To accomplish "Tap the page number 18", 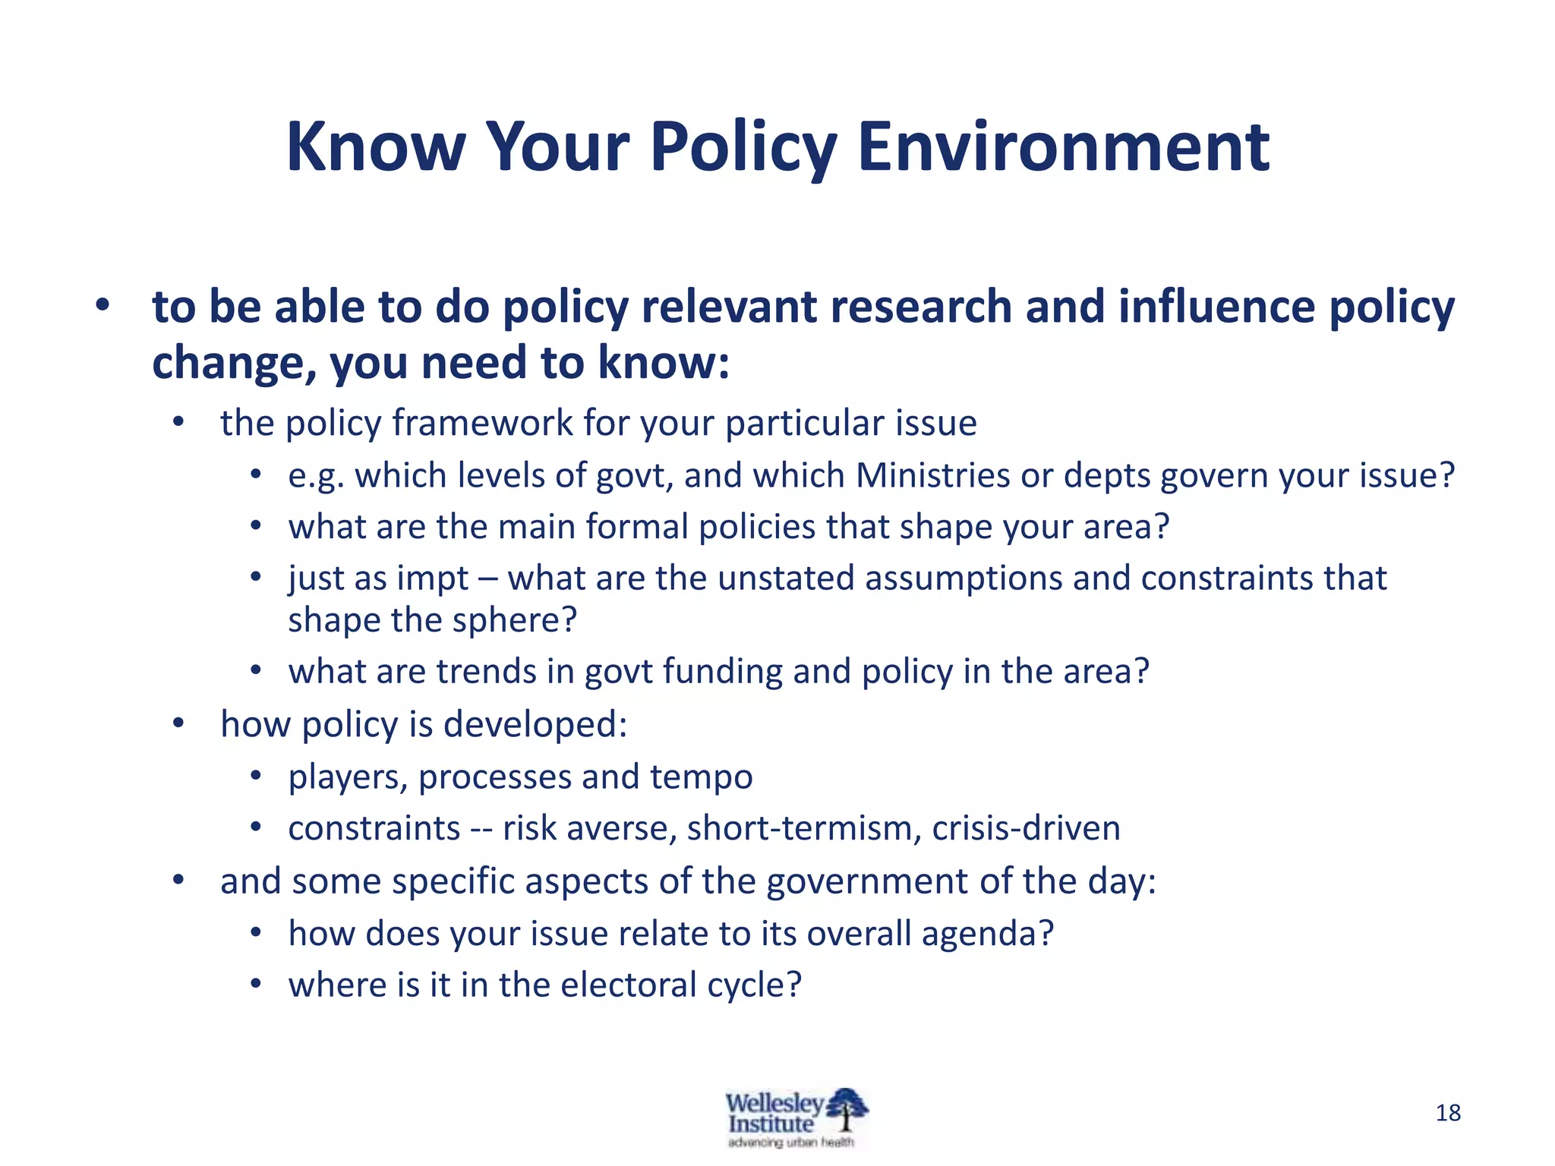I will click(x=1448, y=1113).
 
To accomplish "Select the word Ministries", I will click(x=932, y=476).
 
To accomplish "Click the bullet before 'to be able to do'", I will click(x=103, y=305).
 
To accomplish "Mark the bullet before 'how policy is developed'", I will click(x=178, y=723).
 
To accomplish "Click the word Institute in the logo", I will click(x=770, y=1125).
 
